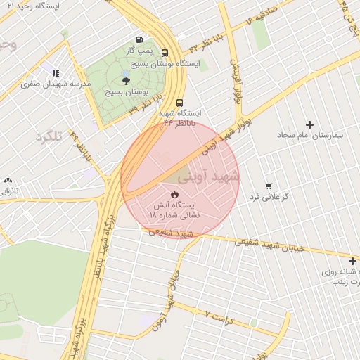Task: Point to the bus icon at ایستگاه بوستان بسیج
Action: pyautogui.click(x=165, y=52)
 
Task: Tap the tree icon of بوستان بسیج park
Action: pyautogui.click(x=126, y=81)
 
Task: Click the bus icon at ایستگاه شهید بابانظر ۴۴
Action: pyautogui.click(x=179, y=102)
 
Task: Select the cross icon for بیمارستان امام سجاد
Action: pyautogui.click(x=309, y=124)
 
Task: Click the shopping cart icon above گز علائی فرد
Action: pyautogui.click(x=268, y=186)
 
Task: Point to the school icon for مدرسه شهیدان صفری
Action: pyautogui.click(x=56, y=73)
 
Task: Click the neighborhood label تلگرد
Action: pyautogui.click(x=49, y=137)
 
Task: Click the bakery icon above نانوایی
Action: pyautogui.click(x=8, y=180)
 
